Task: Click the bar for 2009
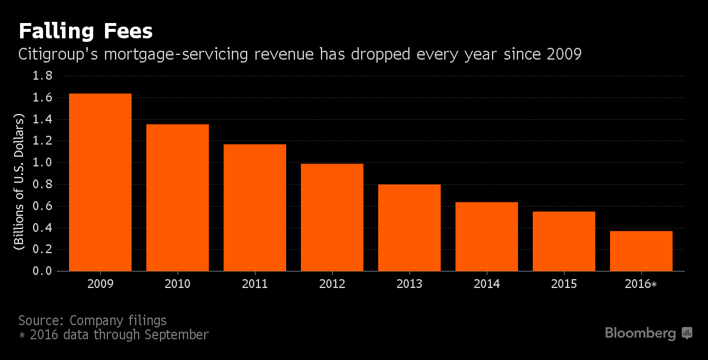[x=100, y=182]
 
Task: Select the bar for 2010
[x=178, y=198]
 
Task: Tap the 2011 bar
[x=255, y=208]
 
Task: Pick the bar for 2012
[x=332, y=217]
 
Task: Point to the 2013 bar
[x=409, y=228]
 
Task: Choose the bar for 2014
[x=487, y=237]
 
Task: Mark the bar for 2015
[x=564, y=241]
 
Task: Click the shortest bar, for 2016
[x=641, y=251]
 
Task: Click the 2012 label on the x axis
[x=332, y=284]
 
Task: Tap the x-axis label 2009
[x=100, y=284]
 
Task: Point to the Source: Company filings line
[x=93, y=320]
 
